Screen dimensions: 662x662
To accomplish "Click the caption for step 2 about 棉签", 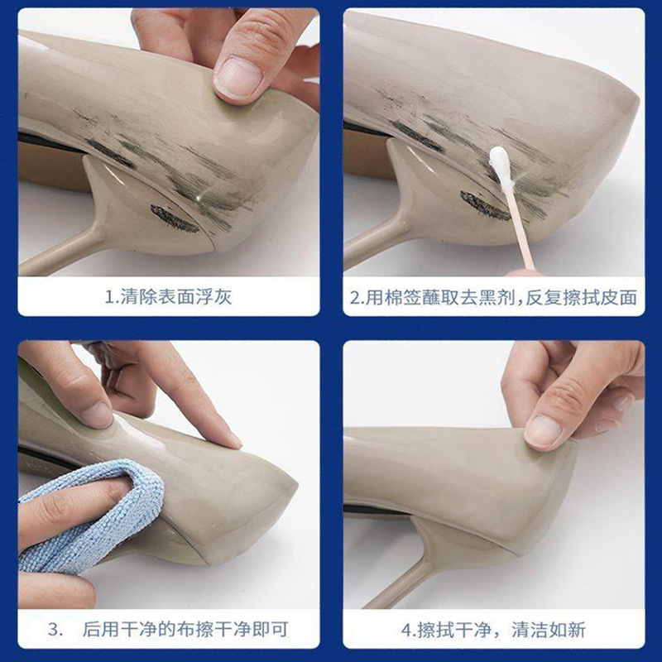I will [x=493, y=296].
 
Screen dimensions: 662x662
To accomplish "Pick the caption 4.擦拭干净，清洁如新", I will [x=493, y=630].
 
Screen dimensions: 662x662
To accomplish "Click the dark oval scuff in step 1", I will [x=175, y=218].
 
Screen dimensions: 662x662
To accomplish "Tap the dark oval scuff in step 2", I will [x=485, y=205].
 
